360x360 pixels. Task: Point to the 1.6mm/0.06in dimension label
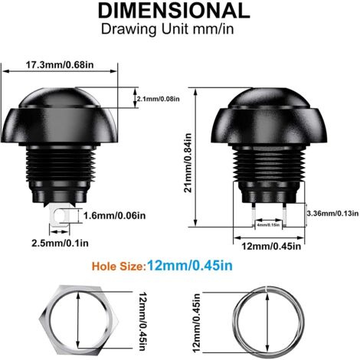[114, 216]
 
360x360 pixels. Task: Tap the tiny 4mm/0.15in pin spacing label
[267, 224]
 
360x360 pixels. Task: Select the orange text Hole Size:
[117, 267]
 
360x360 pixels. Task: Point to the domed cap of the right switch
[267, 111]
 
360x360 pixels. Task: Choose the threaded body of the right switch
[267, 165]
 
